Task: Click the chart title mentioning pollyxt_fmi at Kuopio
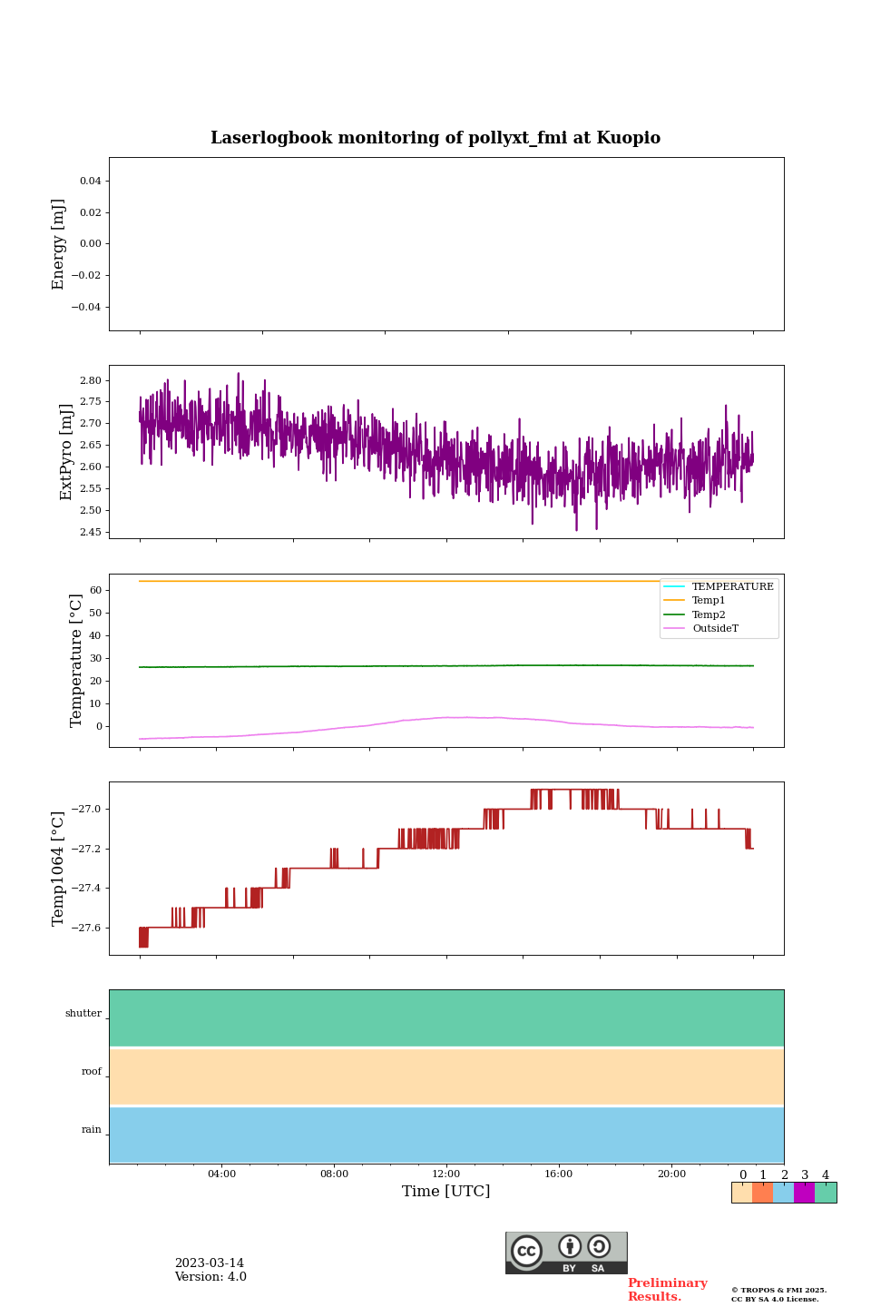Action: tap(435, 138)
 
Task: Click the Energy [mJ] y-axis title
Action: tap(59, 244)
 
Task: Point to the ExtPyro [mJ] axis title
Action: tap(66, 452)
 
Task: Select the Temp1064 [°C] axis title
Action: tap(59, 869)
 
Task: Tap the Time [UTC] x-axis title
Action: tap(446, 1191)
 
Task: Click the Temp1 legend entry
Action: tap(709, 601)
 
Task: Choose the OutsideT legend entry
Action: tap(715, 628)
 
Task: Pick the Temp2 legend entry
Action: tap(709, 614)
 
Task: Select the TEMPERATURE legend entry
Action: tap(732, 587)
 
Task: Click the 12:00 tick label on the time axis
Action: tap(446, 1174)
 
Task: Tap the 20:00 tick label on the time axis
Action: tap(671, 1174)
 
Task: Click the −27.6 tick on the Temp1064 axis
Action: tap(86, 928)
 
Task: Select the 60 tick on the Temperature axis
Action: tap(94, 590)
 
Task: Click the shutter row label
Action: tap(83, 1014)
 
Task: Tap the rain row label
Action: tap(92, 1130)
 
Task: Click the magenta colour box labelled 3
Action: tap(804, 1193)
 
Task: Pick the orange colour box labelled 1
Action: tap(762, 1193)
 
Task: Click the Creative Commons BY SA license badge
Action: tap(566, 1253)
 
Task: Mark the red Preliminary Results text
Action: tap(667, 1290)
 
